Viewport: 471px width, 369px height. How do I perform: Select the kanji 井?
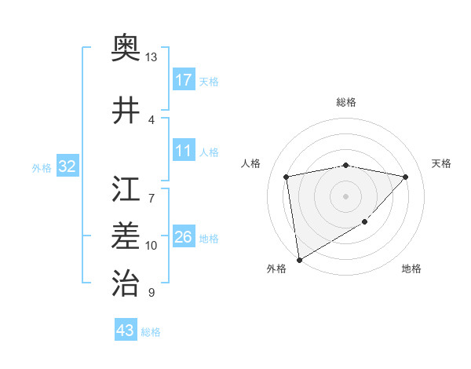pos(126,110)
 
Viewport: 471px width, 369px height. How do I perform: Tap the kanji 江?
pos(126,188)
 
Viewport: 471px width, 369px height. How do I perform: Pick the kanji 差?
pos(126,235)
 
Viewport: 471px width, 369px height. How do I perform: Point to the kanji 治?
pos(126,281)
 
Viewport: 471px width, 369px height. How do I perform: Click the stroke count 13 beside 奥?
pos(152,57)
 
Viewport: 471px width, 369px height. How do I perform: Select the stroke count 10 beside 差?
pos(152,246)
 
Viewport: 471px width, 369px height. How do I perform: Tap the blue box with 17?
pos(184,79)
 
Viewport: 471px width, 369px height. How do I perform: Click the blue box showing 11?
pos(184,151)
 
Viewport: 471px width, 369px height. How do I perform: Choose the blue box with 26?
pos(184,237)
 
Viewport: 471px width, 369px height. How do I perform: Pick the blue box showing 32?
pos(68,166)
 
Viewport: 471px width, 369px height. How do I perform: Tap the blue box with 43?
pos(125,331)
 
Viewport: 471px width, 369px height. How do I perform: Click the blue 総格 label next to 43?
pos(152,332)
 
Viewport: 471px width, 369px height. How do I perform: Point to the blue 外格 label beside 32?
pos(42,168)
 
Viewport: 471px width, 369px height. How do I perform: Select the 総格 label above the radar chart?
pos(346,102)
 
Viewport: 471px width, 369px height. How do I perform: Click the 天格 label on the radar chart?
pos(441,163)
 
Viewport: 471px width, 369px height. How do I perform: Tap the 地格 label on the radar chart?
pos(411,269)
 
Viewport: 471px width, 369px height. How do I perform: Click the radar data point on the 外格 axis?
pos(298,259)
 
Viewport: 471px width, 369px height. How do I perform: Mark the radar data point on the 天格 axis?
pos(406,177)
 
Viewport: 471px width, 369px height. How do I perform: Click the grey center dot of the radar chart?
pos(346,195)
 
